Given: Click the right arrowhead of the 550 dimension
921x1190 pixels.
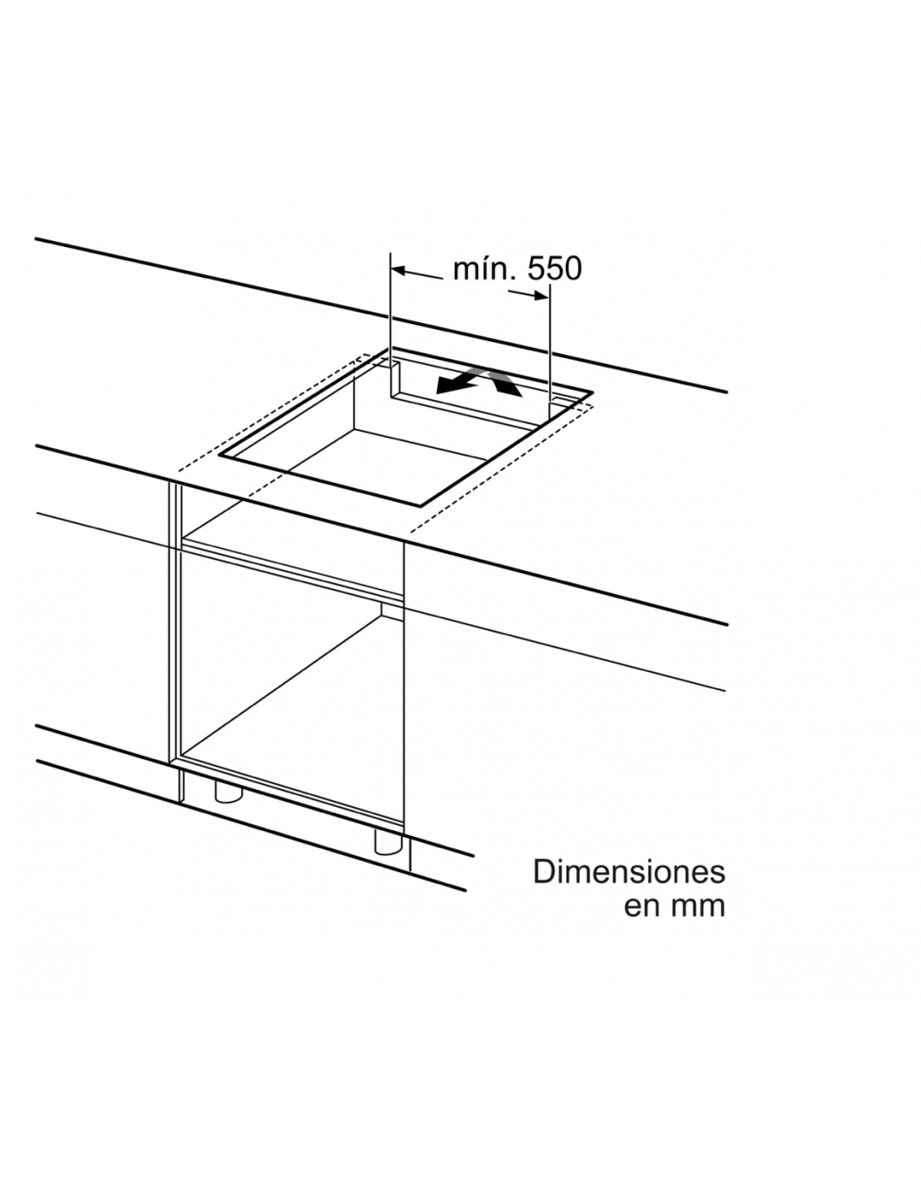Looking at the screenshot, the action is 541,295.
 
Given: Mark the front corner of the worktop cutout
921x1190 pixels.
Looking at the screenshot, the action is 420,505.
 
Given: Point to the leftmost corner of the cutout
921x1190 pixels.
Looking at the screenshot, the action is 219,454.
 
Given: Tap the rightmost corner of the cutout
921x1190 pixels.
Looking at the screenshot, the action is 594,392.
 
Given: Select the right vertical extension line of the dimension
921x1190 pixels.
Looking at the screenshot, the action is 549,351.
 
